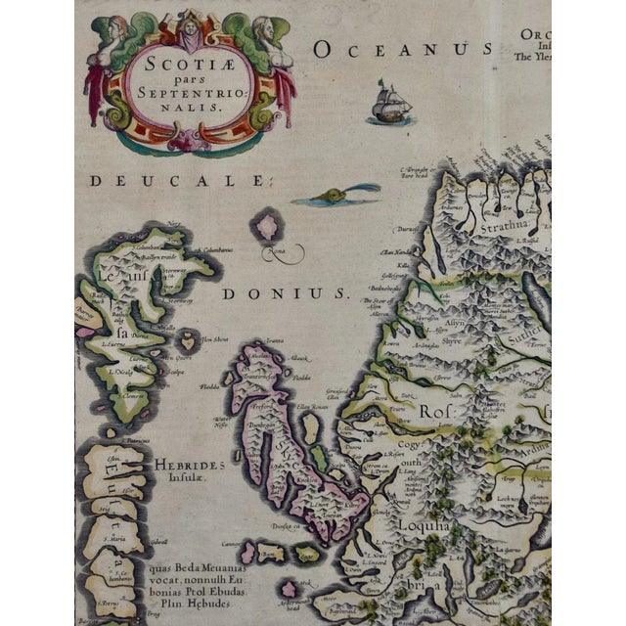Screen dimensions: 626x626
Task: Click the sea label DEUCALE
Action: point(177,180)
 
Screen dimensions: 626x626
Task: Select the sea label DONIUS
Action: point(285,292)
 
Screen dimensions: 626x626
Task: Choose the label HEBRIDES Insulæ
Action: point(189,467)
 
